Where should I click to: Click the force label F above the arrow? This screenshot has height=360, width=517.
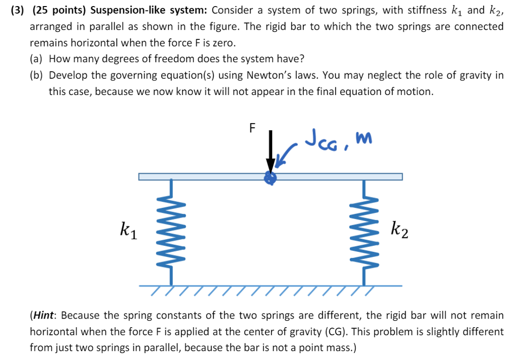tap(252, 128)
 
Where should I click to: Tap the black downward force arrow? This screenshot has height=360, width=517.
tap(271, 151)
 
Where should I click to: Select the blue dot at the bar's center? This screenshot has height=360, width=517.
tap(271, 177)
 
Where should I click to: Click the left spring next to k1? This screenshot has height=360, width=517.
tap(172, 232)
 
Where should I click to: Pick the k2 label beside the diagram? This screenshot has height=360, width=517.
tap(399, 231)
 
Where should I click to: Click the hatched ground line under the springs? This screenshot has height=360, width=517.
tap(270, 288)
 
